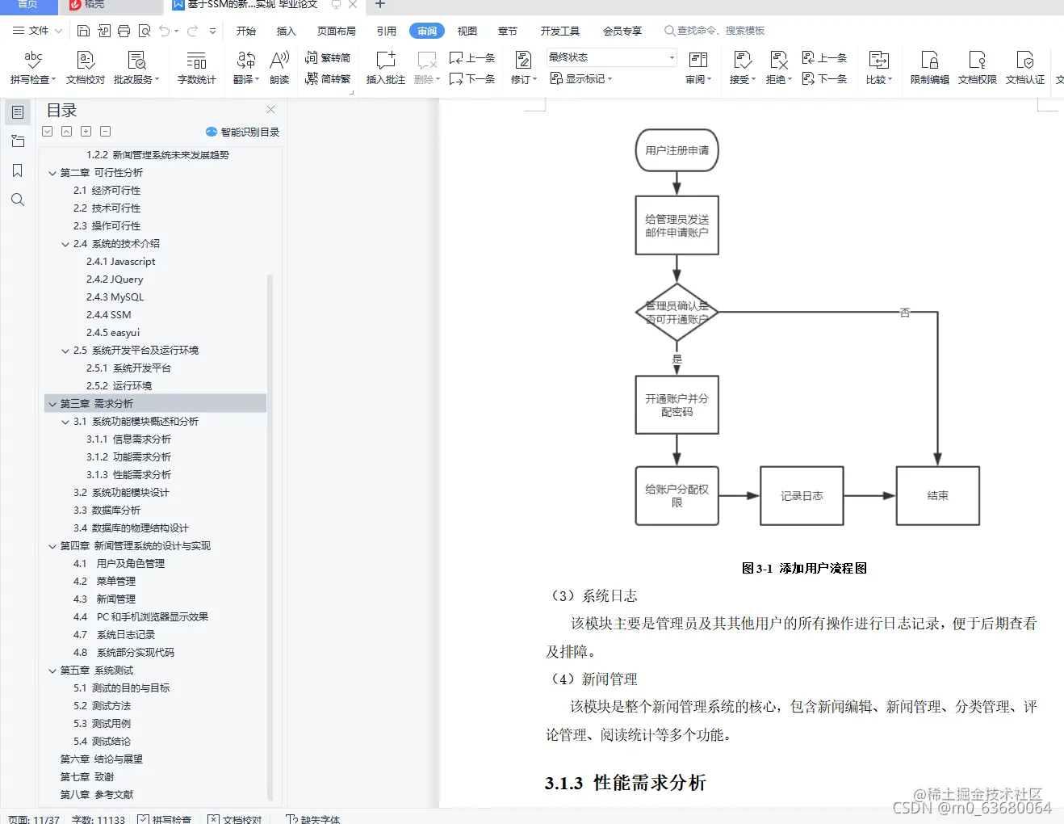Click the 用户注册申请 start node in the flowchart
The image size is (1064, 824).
[x=677, y=150]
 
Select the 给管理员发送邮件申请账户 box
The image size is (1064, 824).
[x=677, y=225]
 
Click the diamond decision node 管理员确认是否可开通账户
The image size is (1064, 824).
[x=677, y=313]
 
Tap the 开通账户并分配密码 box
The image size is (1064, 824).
[x=677, y=405]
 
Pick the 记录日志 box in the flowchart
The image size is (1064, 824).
[x=802, y=496]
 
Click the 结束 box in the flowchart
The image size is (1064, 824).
[x=937, y=496]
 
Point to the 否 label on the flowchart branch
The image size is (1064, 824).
[x=904, y=313]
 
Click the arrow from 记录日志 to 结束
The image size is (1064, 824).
[x=869, y=496]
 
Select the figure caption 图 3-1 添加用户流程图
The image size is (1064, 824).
[x=804, y=569]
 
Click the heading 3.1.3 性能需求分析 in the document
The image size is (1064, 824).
[x=626, y=783]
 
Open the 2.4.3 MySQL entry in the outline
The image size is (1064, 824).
[x=115, y=297]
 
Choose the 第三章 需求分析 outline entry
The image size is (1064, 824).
[x=97, y=404]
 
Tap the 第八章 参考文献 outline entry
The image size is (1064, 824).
[x=97, y=795]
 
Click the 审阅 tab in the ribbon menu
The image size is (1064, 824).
[x=427, y=31]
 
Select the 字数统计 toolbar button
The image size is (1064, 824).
[x=196, y=68]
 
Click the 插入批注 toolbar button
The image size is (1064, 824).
[x=385, y=68]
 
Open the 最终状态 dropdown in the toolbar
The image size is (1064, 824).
[x=611, y=57]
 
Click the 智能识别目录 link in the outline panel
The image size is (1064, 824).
[x=243, y=132]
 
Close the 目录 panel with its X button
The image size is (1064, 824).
[x=270, y=110]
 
